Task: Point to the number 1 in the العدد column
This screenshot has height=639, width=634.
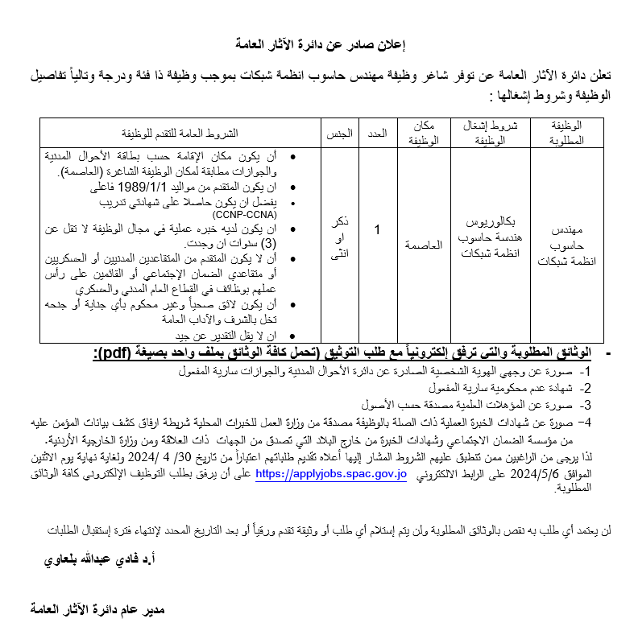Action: [377, 230]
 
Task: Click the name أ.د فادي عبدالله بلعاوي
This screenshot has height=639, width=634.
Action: [105, 558]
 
